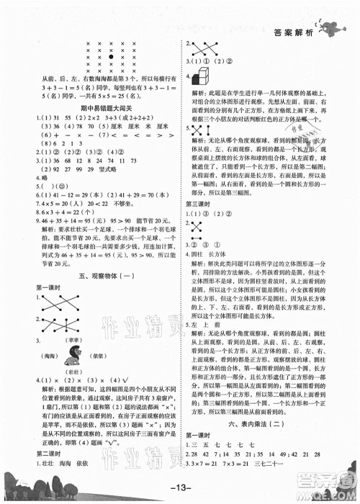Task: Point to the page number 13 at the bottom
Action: (x=180, y=492)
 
